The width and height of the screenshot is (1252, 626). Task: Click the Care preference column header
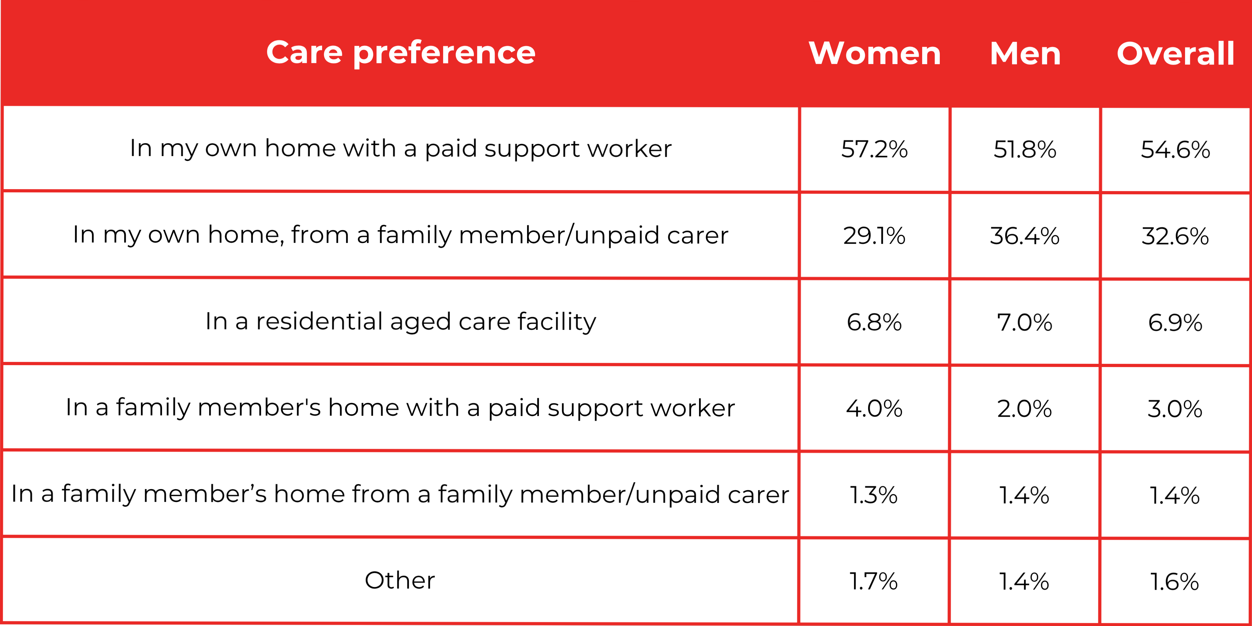(x=401, y=53)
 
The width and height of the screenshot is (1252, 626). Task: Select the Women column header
(x=874, y=53)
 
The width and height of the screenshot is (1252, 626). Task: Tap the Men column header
(x=1025, y=53)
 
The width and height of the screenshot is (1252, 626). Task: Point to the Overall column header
(x=1175, y=53)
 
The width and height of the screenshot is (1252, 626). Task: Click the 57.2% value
(x=874, y=149)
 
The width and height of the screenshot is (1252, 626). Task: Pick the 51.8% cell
(x=1025, y=149)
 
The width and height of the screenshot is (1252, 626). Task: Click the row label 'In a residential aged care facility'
(x=401, y=321)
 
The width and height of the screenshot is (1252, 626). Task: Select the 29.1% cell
(x=874, y=235)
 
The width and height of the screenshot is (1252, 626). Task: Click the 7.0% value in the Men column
(x=1025, y=322)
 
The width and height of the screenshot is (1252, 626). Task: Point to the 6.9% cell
(x=1175, y=322)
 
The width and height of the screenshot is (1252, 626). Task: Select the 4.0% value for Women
(x=874, y=408)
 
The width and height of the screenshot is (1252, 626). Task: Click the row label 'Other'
(x=400, y=580)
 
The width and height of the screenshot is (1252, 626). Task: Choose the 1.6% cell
(x=1175, y=581)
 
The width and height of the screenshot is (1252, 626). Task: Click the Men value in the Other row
(x=1025, y=581)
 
